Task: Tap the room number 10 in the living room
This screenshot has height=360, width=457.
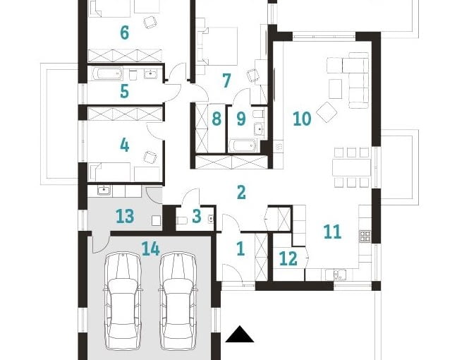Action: click(x=301, y=118)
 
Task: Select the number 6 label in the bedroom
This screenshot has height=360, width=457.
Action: click(x=124, y=32)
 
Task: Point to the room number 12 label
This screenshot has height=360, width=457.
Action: click(x=288, y=259)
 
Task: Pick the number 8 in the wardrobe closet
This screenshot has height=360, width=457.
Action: click(x=217, y=118)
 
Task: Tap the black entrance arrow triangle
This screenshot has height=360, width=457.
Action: click(x=239, y=335)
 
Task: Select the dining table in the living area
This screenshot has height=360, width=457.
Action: click(x=351, y=167)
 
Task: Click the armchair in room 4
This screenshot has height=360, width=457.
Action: click(x=149, y=157)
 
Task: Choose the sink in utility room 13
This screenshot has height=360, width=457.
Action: click(x=104, y=189)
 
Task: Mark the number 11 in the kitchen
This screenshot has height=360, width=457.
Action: click(x=331, y=231)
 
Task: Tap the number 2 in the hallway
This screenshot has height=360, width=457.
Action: click(x=241, y=191)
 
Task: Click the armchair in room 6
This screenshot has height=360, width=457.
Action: click(x=150, y=22)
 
